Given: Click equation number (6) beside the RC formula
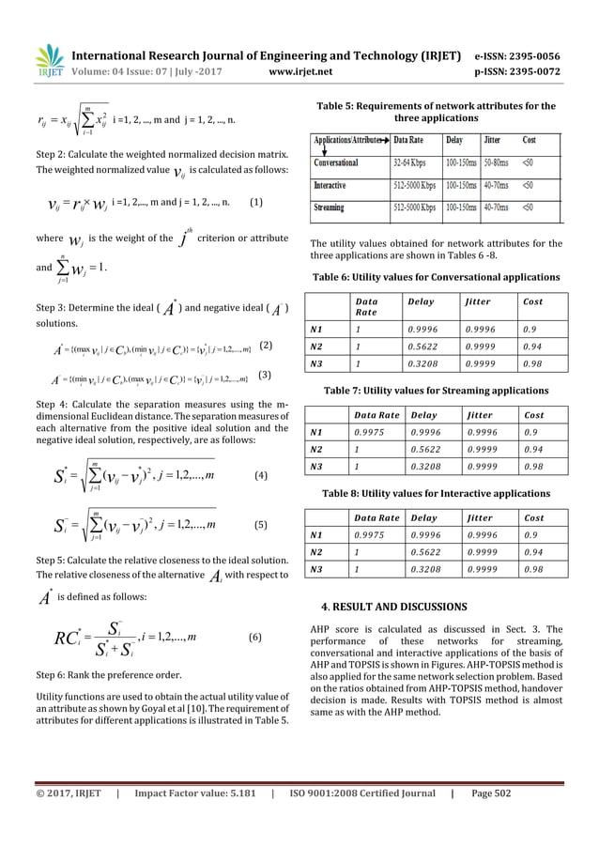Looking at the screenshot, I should (x=254, y=637).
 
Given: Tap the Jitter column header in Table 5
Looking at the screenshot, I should (x=493, y=139).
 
